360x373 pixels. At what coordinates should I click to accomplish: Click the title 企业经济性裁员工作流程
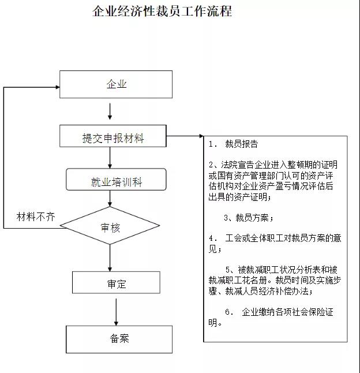(x=162, y=11)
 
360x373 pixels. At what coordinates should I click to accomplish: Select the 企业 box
(x=116, y=84)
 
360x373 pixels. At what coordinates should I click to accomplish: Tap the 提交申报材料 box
(x=113, y=136)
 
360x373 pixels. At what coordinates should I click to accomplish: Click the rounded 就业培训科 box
(x=116, y=180)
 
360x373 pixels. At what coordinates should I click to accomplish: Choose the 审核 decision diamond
(x=110, y=226)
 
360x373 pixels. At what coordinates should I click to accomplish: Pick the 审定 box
(x=116, y=282)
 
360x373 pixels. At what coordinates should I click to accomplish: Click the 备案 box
(x=119, y=339)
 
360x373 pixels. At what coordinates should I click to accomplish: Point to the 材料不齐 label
(x=36, y=217)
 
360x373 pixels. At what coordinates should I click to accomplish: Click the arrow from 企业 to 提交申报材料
(x=110, y=111)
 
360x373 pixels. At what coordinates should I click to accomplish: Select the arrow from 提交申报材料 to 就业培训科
(x=110, y=158)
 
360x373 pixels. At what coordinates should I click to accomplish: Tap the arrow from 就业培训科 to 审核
(x=110, y=199)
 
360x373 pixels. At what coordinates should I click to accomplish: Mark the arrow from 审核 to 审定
(x=110, y=258)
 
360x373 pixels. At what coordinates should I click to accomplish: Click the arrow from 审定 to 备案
(x=116, y=312)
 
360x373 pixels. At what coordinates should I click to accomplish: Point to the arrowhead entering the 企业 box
(x=58, y=87)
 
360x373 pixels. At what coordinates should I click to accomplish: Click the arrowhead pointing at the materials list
(x=201, y=136)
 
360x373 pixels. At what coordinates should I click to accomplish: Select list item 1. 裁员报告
(x=233, y=144)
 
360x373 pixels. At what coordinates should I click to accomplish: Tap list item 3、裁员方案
(x=248, y=218)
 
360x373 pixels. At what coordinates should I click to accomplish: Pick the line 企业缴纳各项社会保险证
(x=279, y=312)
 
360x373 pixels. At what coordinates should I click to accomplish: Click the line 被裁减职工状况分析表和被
(x=282, y=270)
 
